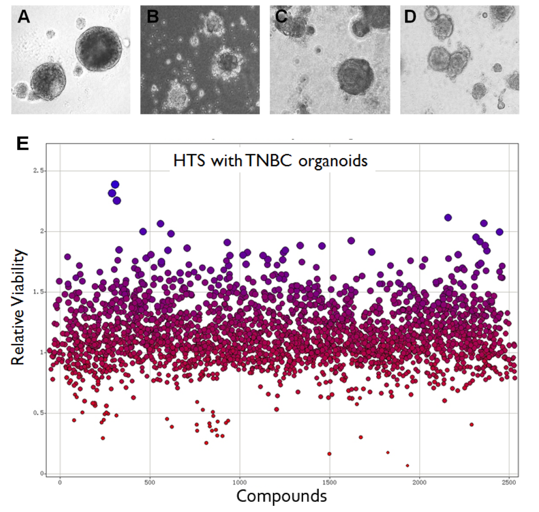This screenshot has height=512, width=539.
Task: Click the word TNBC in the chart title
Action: pos(258,161)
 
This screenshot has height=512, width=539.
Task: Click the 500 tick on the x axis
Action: pos(150,482)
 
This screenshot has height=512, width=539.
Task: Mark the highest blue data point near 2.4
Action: pos(115,184)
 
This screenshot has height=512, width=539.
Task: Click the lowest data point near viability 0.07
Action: pos(407,465)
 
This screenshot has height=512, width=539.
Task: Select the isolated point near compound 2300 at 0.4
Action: pos(472,424)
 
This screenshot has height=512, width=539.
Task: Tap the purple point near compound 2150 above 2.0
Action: pos(448,218)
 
